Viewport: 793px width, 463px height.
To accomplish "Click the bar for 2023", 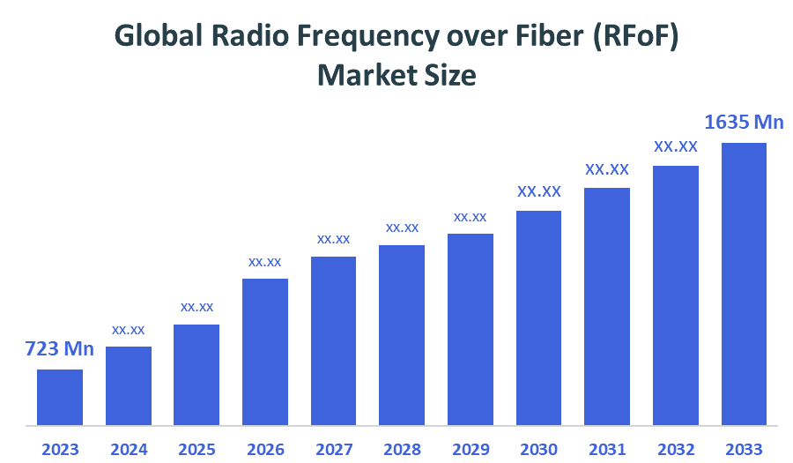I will [x=60, y=397].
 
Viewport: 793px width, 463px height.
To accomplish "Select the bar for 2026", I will [x=265, y=352].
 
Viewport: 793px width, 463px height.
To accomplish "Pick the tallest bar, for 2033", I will [x=744, y=283].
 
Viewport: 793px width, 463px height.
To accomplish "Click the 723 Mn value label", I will [x=59, y=349].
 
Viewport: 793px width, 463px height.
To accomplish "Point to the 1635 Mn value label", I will [x=744, y=123].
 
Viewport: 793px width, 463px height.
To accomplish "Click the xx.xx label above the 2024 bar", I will [x=128, y=330].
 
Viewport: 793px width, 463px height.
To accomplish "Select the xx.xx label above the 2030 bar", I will [x=539, y=191].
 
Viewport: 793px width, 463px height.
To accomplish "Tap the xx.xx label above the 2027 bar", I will [x=333, y=239].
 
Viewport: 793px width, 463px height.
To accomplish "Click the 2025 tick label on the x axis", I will [x=196, y=449].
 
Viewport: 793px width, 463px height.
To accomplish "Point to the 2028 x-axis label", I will [x=402, y=449].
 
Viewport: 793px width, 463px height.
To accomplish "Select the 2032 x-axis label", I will [x=676, y=449].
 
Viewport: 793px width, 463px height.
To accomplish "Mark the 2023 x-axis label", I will [x=60, y=449].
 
